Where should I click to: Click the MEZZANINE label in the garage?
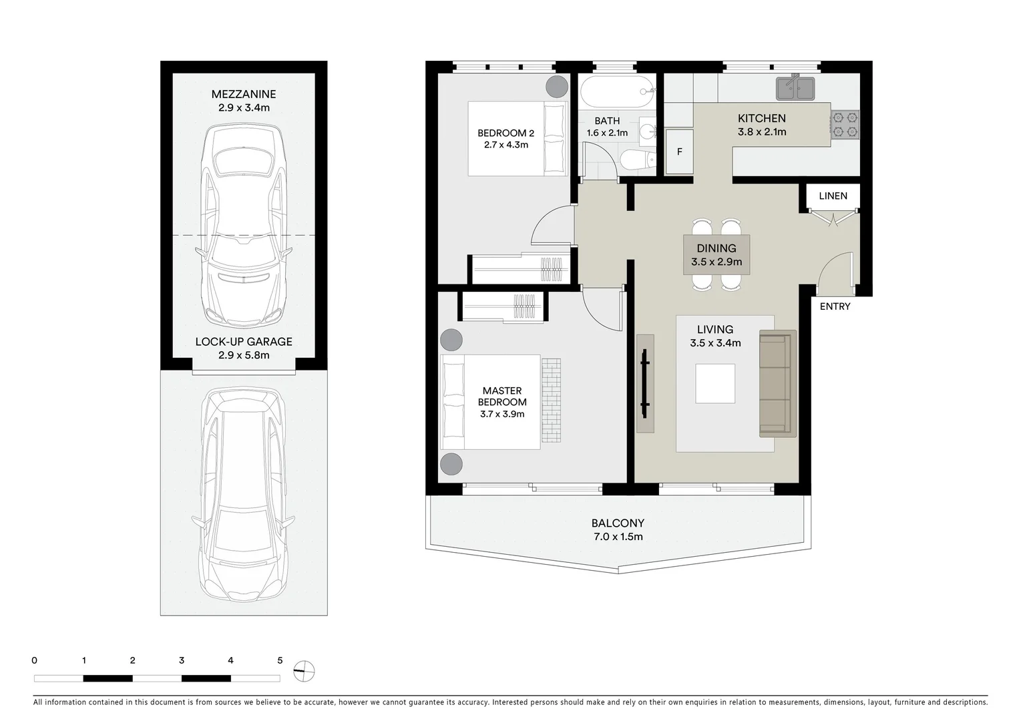(x=243, y=94)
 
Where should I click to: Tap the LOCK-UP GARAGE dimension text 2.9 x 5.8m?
(x=243, y=355)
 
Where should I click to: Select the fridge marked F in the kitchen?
(x=680, y=152)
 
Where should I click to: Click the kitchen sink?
(x=795, y=89)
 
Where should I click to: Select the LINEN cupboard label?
(x=833, y=196)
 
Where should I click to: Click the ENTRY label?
(x=835, y=306)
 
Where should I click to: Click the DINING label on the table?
(x=717, y=248)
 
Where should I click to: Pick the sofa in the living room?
(x=777, y=383)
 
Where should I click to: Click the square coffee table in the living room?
(x=715, y=383)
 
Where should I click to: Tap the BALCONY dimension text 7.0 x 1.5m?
(x=618, y=537)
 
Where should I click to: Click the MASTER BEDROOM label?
(x=502, y=397)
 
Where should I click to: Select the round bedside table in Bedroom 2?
(x=556, y=87)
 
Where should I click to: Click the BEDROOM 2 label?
(x=505, y=133)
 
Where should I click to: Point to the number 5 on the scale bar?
(x=280, y=661)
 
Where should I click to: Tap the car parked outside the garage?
(x=244, y=494)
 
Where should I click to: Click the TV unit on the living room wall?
(x=645, y=383)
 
